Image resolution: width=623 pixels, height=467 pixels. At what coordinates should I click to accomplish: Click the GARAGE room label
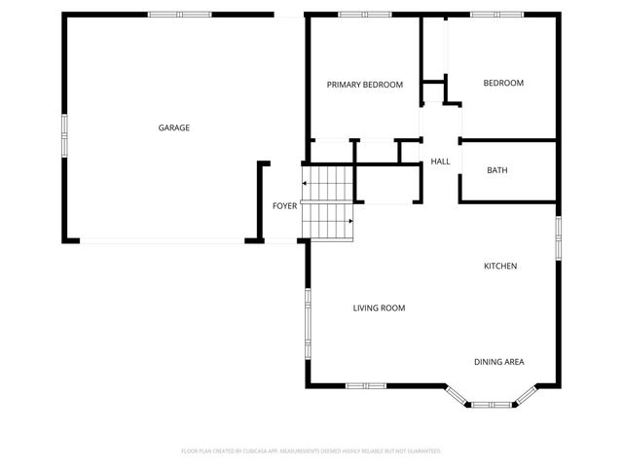[x=174, y=127]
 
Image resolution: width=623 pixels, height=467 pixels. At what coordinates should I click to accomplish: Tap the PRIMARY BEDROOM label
[x=364, y=85]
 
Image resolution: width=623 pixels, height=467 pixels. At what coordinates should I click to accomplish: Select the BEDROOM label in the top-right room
[x=503, y=83]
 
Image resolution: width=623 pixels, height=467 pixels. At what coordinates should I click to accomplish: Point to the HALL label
[x=440, y=162]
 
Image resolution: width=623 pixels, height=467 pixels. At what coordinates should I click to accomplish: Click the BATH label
[x=496, y=170]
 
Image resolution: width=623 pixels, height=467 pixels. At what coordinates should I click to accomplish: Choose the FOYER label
[x=284, y=206]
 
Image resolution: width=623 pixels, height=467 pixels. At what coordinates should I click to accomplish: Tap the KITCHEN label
[x=500, y=266]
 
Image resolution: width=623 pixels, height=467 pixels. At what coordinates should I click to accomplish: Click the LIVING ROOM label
[x=379, y=307]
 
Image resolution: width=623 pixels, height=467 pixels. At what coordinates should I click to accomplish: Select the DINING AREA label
[x=498, y=362]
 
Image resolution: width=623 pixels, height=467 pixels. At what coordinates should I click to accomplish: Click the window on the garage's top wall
[x=180, y=15]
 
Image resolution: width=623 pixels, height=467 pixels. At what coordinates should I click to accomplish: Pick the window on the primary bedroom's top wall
[x=365, y=15]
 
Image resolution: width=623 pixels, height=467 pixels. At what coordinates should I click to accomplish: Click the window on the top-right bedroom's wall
[x=491, y=15]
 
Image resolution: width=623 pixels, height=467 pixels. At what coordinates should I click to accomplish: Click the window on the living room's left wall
[x=308, y=323]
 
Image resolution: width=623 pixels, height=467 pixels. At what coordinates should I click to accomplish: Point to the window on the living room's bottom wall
[x=366, y=385]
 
